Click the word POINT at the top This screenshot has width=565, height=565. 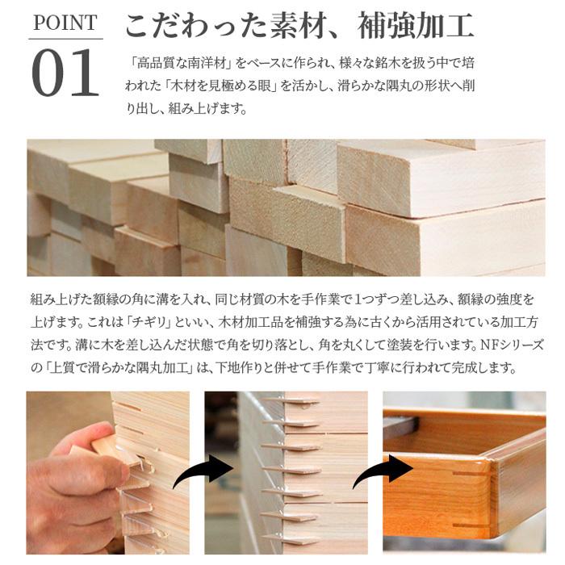tap(65, 23)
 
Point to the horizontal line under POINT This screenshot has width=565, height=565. tap(65, 39)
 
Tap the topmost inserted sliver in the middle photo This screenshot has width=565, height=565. tap(291, 401)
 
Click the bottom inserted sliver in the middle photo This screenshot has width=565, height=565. tap(299, 536)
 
